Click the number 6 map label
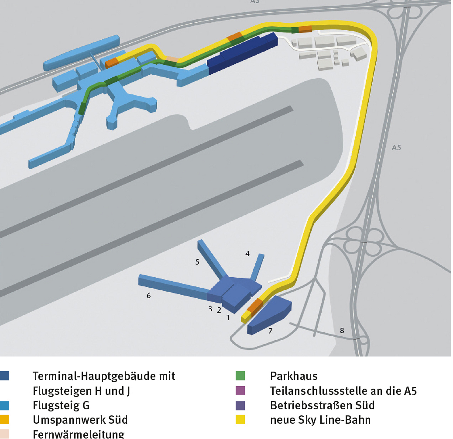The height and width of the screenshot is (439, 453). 149,296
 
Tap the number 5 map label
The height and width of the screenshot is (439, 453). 197,262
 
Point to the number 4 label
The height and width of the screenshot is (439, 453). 247,254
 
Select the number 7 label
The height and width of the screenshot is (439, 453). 271,331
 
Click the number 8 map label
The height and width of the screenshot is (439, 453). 342,330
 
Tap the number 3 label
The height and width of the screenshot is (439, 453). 210,309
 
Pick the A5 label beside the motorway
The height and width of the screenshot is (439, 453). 396,147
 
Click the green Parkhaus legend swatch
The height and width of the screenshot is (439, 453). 240,376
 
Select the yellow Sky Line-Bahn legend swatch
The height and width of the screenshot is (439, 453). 240,419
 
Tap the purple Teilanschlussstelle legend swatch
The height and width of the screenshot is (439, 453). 240,391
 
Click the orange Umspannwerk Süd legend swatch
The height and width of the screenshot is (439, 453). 5,419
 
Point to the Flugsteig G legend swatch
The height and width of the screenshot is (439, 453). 5,405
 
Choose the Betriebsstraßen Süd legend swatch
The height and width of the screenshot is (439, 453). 240,405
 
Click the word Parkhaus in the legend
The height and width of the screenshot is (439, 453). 294,376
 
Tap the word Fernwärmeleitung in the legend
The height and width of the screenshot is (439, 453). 79,434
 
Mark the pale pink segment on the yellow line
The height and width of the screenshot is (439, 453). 172,59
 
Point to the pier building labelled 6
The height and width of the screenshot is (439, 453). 173,286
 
